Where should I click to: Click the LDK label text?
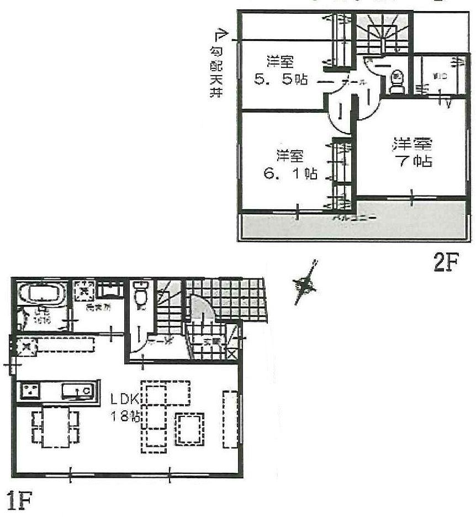(x=120, y=398)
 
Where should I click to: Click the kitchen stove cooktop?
(x=30, y=391)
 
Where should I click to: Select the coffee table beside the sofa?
(x=189, y=428)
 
